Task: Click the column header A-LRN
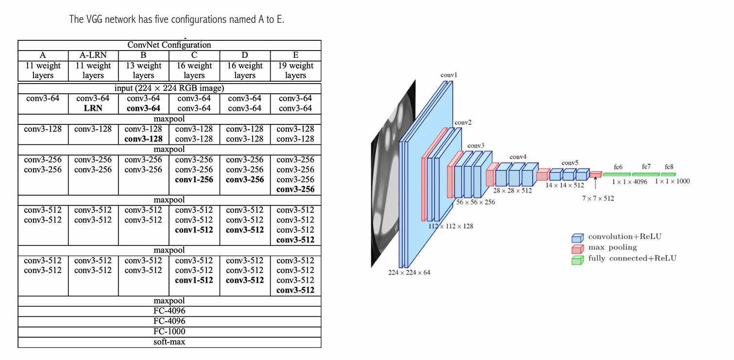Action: (93, 55)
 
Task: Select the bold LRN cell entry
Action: (93, 108)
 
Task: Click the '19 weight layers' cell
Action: (295, 70)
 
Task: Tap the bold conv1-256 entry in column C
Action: (194, 179)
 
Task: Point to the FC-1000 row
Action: (170, 331)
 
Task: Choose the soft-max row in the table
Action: (170, 342)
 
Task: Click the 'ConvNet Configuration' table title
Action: (169, 45)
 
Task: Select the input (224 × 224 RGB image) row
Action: (169, 88)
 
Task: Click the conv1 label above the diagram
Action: (448, 75)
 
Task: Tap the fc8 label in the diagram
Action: (669, 167)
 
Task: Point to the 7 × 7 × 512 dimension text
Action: (598, 198)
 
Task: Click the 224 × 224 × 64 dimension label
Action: (409, 272)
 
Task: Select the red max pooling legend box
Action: (578, 249)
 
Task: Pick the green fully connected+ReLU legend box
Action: (578, 260)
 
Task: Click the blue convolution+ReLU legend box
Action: (578, 238)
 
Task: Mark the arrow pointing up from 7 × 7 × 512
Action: (596, 183)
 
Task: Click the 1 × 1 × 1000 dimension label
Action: (672, 181)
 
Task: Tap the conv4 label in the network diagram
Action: (518, 157)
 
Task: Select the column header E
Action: (295, 55)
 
